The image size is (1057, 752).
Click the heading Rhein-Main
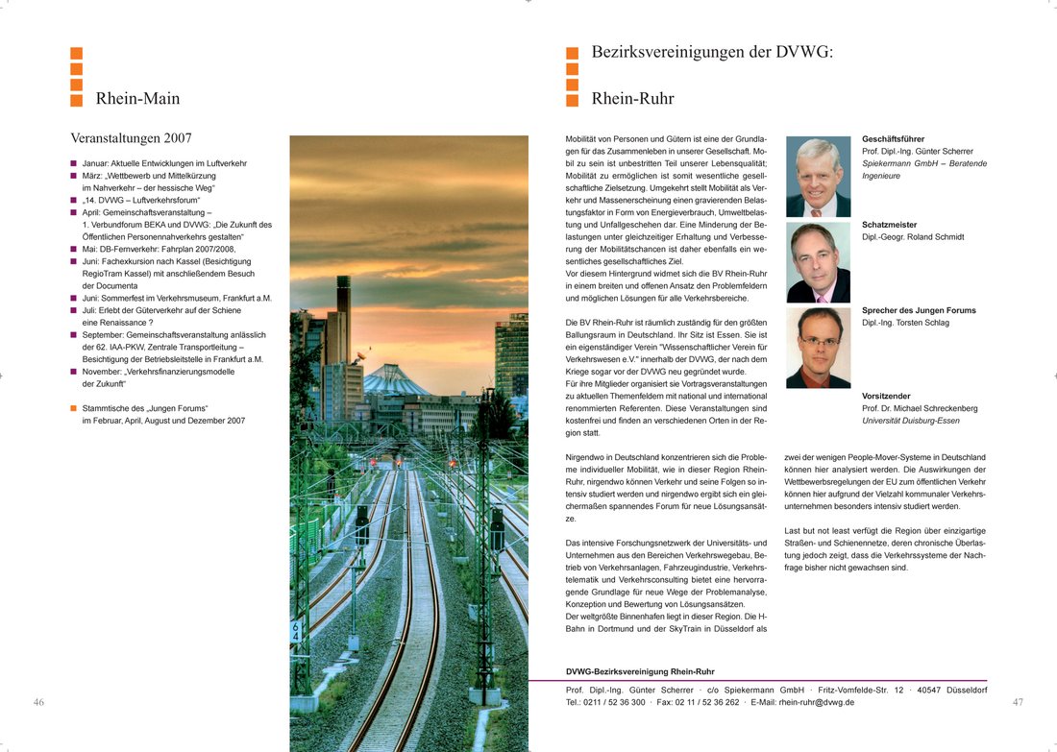(x=137, y=99)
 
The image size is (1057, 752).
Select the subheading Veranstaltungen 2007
(x=132, y=138)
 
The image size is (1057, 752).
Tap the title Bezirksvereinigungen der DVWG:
(x=712, y=52)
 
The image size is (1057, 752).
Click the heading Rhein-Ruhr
(x=632, y=99)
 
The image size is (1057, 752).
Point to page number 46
(x=38, y=702)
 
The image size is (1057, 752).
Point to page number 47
(x=1018, y=702)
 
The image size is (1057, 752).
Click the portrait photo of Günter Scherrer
(x=818, y=177)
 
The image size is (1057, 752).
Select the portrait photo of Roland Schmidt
(x=818, y=262)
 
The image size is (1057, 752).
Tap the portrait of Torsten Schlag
(x=818, y=348)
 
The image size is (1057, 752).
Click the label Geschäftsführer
(x=893, y=139)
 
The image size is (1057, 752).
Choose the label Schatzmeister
(x=889, y=225)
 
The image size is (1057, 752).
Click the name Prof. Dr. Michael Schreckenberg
(x=920, y=408)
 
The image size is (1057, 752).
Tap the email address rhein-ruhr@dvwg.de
(x=816, y=702)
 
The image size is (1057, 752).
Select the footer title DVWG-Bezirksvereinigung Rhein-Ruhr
(x=640, y=671)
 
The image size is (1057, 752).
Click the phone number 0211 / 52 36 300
(x=614, y=702)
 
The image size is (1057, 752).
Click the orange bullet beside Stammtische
(x=73, y=408)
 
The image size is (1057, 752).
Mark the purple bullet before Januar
(x=73, y=164)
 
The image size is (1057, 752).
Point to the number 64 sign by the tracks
(x=295, y=631)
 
